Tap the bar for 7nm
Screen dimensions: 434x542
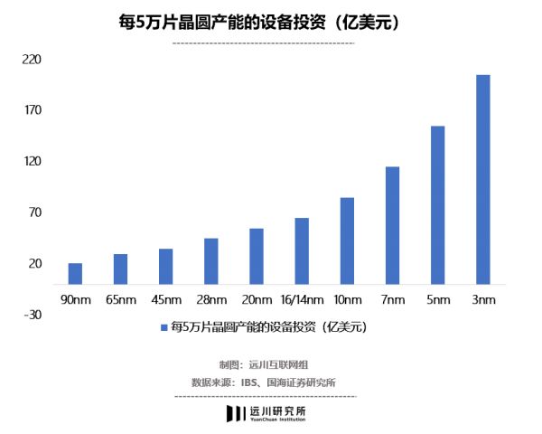tap(392, 225)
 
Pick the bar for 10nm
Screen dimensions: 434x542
tap(347, 241)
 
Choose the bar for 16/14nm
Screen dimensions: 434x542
tap(302, 250)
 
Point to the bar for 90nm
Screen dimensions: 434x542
tap(75, 273)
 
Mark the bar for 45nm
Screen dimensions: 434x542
tap(166, 266)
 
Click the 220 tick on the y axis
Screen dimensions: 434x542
tap(33, 59)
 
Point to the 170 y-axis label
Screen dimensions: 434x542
tap(33, 110)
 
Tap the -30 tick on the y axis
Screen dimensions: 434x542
tap(33, 315)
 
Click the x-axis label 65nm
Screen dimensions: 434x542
tap(121, 299)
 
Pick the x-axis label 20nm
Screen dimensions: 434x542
tap(257, 299)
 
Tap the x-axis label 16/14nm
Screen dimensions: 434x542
tap(302, 299)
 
